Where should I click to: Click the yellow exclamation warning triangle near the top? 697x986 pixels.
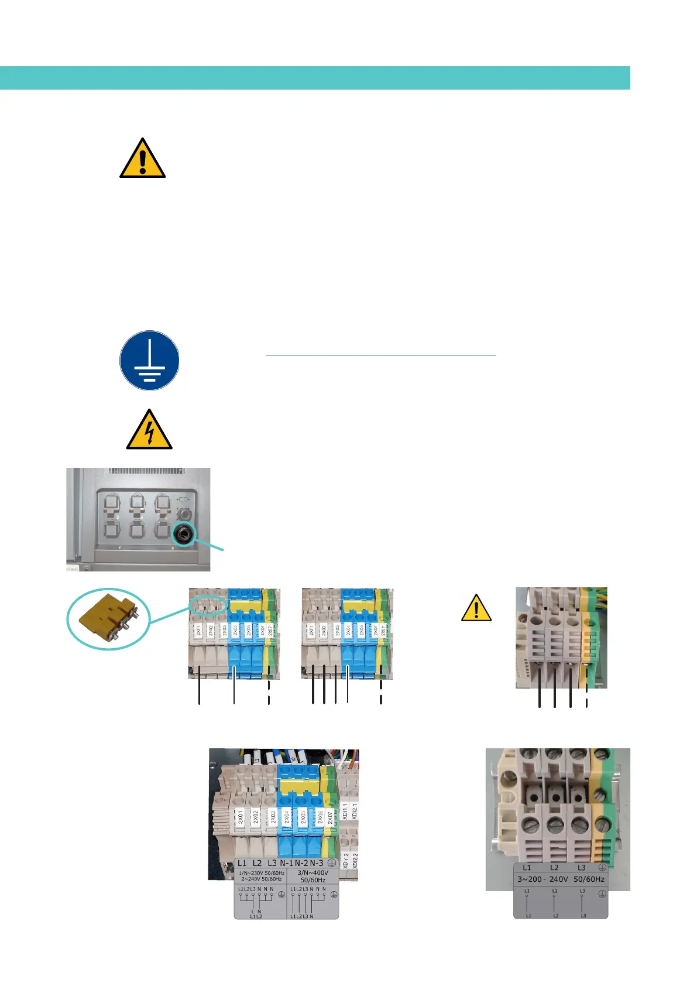click(x=142, y=159)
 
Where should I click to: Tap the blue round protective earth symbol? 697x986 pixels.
click(x=149, y=360)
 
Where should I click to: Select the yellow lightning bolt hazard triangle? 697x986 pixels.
click(x=149, y=430)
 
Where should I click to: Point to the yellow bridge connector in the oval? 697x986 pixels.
click(x=109, y=618)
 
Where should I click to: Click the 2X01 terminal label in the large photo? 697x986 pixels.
click(x=240, y=817)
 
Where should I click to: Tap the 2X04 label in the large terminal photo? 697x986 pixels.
click(x=287, y=817)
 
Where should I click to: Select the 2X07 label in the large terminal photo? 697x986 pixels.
click(x=329, y=817)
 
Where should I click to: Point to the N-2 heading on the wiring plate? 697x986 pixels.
click(x=301, y=863)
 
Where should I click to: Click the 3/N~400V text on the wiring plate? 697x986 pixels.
click(x=313, y=872)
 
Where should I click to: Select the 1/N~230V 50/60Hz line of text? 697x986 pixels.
click(x=262, y=872)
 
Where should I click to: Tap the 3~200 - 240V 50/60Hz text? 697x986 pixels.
click(x=561, y=879)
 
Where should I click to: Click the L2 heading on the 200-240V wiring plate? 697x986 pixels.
click(x=554, y=868)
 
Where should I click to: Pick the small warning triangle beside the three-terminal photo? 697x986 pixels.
click(x=476, y=608)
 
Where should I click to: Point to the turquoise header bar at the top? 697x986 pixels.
click(x=315, y=78)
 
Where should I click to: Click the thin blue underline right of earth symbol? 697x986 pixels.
click(x=380, y=355)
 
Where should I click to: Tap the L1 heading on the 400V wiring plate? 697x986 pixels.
click(x=242, y=863)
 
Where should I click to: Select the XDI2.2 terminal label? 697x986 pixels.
click(x=355, y=860)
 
